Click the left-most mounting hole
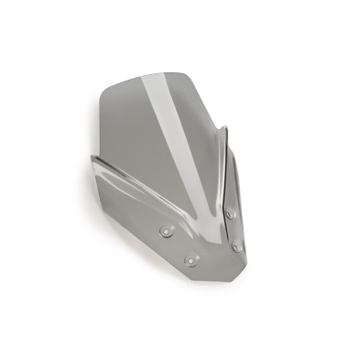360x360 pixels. click(x=166, y=232)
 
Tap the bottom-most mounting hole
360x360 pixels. click(x=191, y=261)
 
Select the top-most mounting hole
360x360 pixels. click(x=229, y=213)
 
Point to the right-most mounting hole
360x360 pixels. click(x=238, y=245)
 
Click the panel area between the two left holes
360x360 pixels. click(x=178, y=246)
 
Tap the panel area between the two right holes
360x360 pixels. click(x=234, y=229)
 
